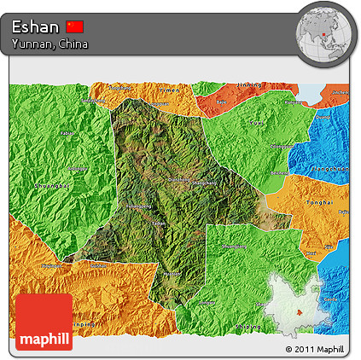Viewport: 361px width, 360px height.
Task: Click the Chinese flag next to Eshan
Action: click(x=75, y=26)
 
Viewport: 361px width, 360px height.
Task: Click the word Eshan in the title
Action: click(x=35, y=26)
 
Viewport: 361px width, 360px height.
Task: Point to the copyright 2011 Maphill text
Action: click(x=315, y=350)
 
